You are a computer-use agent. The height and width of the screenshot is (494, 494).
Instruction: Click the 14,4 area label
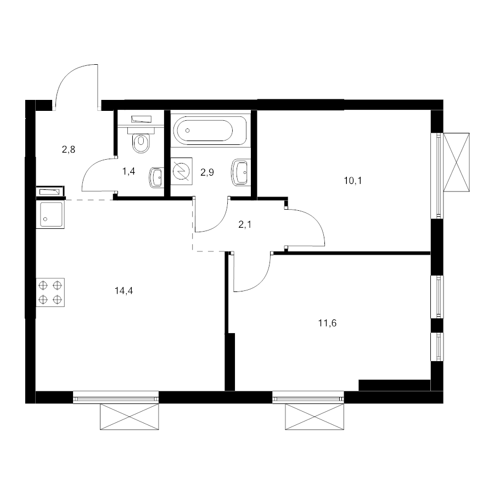coord(124,290)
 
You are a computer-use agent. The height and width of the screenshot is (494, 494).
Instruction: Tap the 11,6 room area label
coord(327,323)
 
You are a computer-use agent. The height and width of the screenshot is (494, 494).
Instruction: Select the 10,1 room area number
coord(353,181)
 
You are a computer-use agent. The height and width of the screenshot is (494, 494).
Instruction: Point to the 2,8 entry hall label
coord(69,149)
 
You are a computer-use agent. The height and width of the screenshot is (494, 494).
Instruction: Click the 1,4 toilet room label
coord(128,171)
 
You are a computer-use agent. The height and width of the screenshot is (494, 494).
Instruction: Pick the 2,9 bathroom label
coord(207,172)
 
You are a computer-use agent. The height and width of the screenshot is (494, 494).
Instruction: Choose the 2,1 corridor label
coord(245,224)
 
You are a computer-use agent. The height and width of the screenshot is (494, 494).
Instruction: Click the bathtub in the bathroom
coord(210,130)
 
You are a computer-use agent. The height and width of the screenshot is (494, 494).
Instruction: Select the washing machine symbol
coord(182,171)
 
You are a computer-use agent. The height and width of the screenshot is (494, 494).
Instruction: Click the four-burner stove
coord(50,292)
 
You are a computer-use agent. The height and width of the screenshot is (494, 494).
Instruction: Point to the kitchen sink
coord(50,215)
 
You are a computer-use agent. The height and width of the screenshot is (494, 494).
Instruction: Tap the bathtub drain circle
coord(188,131)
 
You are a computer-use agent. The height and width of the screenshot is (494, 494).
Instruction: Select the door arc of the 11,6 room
coord(262,281)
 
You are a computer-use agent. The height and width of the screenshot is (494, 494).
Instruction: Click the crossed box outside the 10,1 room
coord(456,162)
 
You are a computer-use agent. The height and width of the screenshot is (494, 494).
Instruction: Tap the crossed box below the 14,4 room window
coord(130,417)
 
